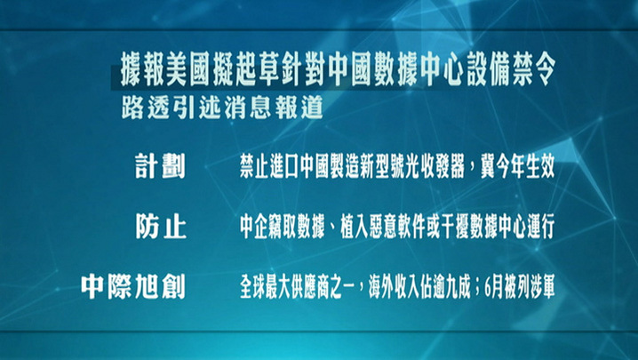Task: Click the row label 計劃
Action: tap(160, 166)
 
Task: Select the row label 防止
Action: tap(161, 227)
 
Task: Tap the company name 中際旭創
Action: tap(133, 287)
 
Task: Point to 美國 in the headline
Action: tap(187, 74)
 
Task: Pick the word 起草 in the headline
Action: tap(257, 74)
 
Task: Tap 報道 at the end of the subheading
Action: tap(299, 107)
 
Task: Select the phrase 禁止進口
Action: tap(269, 166)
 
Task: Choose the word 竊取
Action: tap(283, 227)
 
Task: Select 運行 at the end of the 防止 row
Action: tap(540, 227)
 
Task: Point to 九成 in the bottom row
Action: tap(456, 287)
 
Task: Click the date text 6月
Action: tap(494, 287)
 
